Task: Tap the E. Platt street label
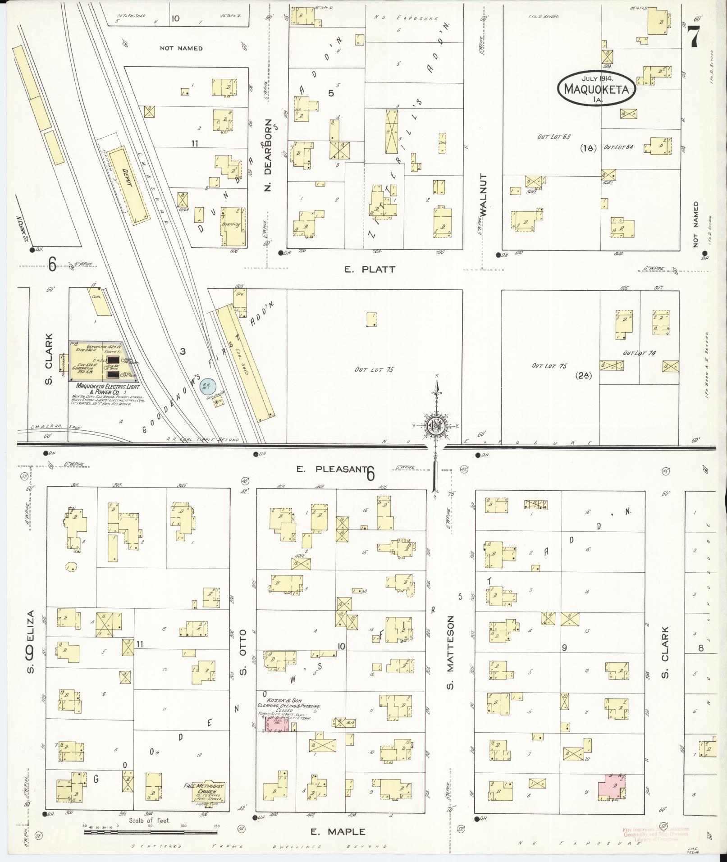click(x=370, y=269)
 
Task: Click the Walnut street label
click(x=485, y=195)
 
